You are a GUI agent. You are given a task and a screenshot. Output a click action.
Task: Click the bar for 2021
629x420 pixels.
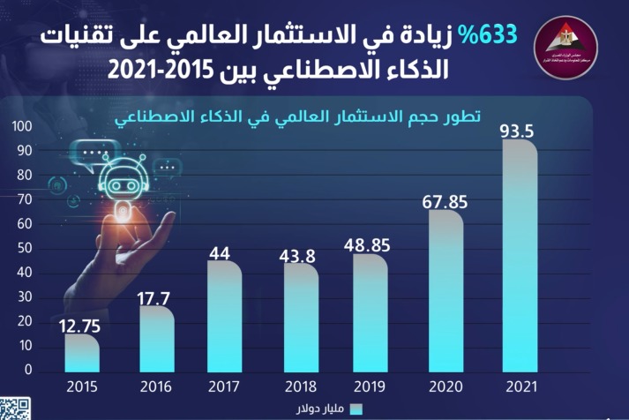519,256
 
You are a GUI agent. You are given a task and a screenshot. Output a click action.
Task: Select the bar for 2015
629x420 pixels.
82,352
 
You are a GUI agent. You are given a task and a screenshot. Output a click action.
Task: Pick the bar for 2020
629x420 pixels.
446,290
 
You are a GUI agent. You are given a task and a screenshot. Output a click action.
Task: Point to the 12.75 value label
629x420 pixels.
82,325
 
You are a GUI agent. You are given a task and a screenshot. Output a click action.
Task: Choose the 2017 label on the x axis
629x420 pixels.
225,386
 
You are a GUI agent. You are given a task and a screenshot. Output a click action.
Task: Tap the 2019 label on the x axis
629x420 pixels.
369,386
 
